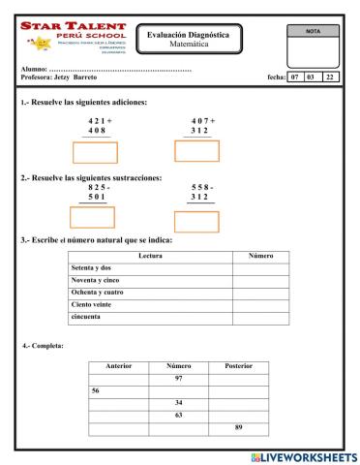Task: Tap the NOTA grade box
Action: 314,45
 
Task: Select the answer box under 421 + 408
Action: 95,152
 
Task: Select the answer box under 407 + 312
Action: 196,151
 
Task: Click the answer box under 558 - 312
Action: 196,221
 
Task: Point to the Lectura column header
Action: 150,256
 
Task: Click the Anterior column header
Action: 118,367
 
